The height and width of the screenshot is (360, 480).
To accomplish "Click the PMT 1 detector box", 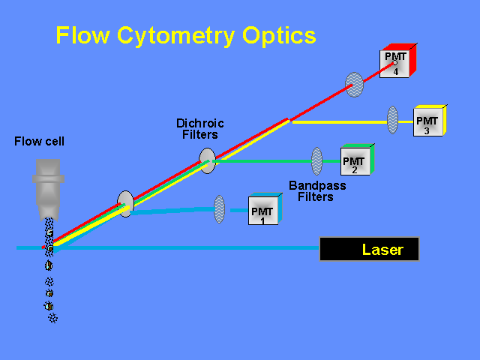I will pos(263,211).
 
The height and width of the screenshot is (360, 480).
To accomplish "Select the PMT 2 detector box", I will pos(355,160).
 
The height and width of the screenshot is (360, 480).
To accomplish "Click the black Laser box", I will pos(369,250).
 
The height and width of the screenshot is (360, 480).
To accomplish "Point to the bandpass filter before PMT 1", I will pos(219,209).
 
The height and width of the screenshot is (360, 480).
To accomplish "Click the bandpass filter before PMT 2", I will pos(317,160).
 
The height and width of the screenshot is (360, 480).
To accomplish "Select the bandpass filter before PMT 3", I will pos(392,120).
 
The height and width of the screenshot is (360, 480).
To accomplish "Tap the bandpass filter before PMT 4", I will pos(354,83).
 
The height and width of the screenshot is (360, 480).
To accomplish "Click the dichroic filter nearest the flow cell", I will pos(125,203).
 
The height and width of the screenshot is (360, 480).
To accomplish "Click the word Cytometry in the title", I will pos(177,35).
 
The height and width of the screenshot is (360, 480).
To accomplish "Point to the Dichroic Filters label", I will pos(199,129).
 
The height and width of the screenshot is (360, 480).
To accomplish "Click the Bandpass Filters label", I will pos(317,191).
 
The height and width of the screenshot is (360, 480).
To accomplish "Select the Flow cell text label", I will pos(39,141).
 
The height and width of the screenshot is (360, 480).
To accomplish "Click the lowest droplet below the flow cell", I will pos(52,319).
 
